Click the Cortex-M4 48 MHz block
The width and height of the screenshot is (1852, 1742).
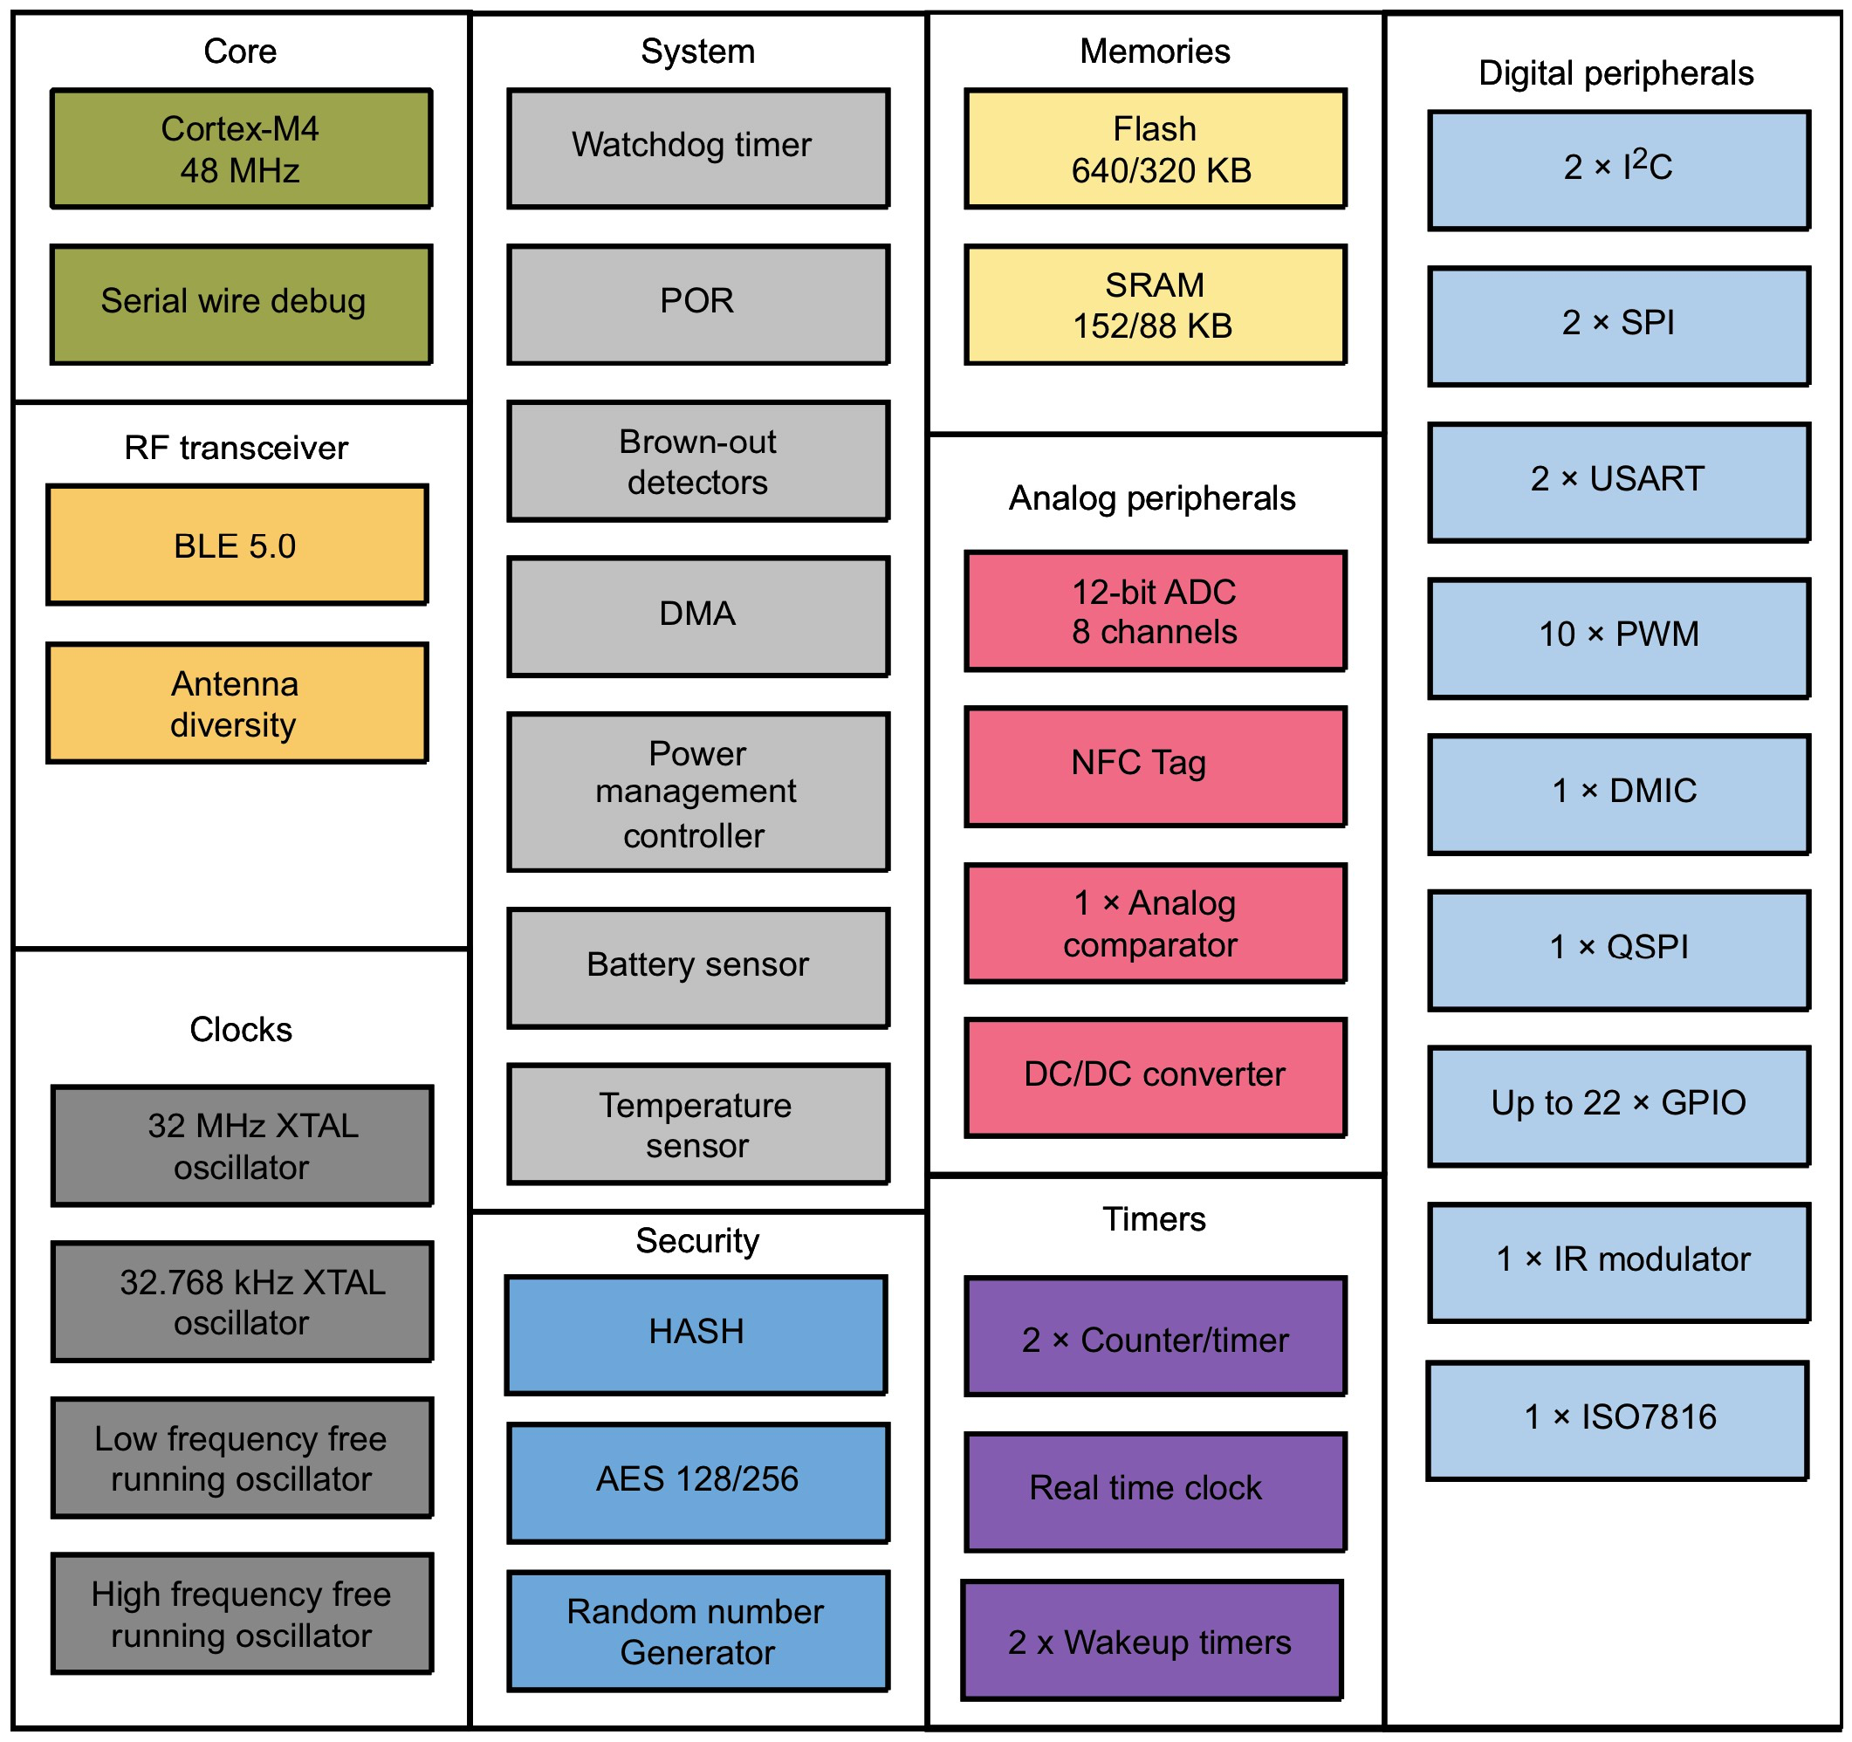coord(240,149)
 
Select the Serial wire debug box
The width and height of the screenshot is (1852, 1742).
coord(240,304)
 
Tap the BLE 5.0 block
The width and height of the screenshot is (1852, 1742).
coord(237,545)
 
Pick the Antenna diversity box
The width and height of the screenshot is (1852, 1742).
coord(237,703)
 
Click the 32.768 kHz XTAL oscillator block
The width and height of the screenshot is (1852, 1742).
coord(243,1301)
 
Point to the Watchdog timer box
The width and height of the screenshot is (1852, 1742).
coord(697,148)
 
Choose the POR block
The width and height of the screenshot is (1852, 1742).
coord(697,304)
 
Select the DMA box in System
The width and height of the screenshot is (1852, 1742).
coord(697,616)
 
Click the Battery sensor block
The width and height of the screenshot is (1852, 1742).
coord(697,967)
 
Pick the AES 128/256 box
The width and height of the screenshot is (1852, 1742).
coord(697,1482)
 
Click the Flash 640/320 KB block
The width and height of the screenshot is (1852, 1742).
coord(1156,149)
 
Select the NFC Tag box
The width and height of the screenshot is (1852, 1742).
coord(1156,765)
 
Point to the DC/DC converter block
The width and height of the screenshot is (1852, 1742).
coord(1156,1077)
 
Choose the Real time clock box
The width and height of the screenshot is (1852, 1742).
coord(1156,1492)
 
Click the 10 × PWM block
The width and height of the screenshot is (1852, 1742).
coord(1619,637)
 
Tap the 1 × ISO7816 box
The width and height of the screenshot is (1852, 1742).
coord(1617,1420)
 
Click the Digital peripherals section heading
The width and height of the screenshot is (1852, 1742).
coord(1615,73)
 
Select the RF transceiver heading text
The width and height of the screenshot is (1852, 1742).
coord(237,448)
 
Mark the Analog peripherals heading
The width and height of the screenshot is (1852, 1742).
coord(1151,498)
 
